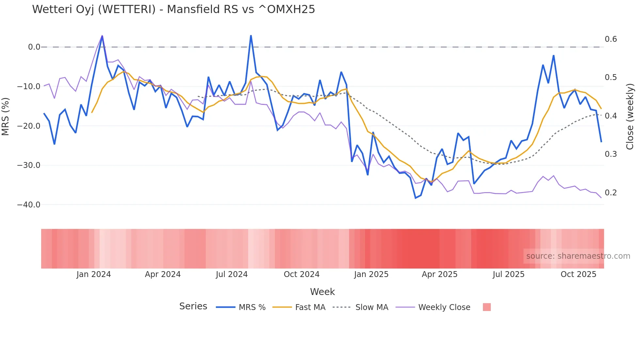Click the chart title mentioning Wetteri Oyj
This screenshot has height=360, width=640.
coord(173,9)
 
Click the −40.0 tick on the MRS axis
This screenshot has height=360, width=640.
coord(29,205)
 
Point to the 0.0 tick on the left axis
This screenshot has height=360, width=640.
coord(34,47)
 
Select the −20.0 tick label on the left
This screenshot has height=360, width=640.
coord(29,126)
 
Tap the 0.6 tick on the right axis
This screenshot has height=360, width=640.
coord(611,39)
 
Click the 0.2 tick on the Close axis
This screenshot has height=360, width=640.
coord(611,193)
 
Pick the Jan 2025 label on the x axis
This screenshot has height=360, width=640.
coord(371,274)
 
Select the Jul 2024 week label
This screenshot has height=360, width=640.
coord(232,274)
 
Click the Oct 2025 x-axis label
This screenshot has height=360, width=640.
coord(578,274)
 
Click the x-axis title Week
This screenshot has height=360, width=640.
coord(322,292)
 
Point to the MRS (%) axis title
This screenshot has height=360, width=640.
coord(6,117)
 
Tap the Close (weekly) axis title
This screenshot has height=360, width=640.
coord(630,117)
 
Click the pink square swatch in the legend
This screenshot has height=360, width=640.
coord(487,307)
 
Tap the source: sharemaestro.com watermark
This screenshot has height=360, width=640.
coord(578,256)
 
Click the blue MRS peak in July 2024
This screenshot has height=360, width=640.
coord(251,36)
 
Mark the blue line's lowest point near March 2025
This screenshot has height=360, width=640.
coord(415,198)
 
